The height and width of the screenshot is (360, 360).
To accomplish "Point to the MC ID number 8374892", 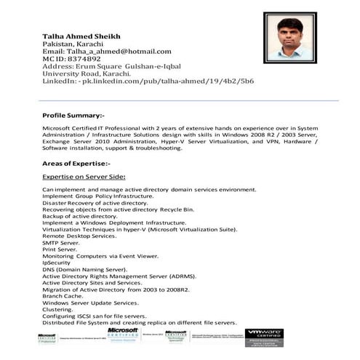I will coord(81,59).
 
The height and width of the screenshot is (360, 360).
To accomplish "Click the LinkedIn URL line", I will coord(148,81).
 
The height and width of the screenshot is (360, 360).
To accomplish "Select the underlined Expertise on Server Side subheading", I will coord(84,177).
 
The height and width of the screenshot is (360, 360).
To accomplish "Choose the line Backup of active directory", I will coord(79,216).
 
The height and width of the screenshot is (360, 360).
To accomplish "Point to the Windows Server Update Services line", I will coord(90,303).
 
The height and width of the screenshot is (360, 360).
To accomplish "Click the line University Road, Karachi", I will coord(87,73).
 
